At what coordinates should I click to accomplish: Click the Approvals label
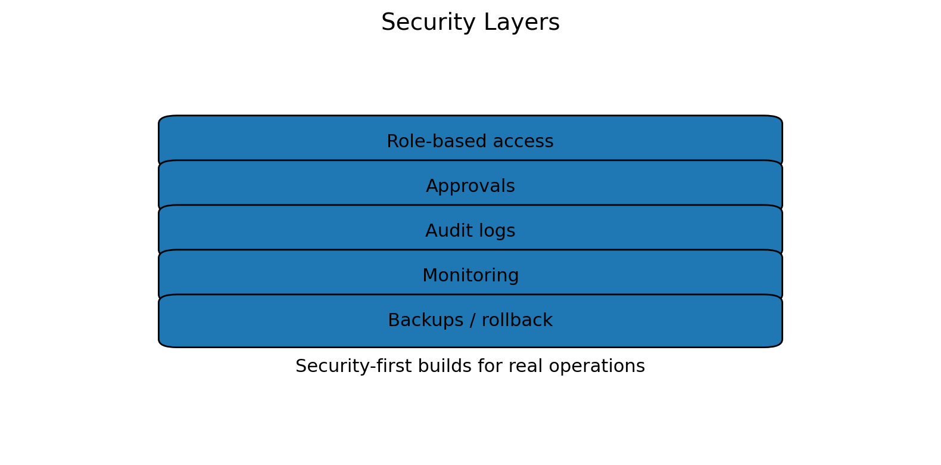point(470,187)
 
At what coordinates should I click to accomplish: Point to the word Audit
point(444,231)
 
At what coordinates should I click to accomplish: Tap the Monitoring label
point(470,276)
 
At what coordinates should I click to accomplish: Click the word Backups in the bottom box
point(424,321)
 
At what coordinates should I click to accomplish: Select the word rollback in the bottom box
point(517,321)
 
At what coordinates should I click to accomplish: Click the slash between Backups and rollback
point(471,321)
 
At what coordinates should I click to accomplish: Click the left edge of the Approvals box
point(159,187)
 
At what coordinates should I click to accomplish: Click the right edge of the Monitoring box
point(782,276)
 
